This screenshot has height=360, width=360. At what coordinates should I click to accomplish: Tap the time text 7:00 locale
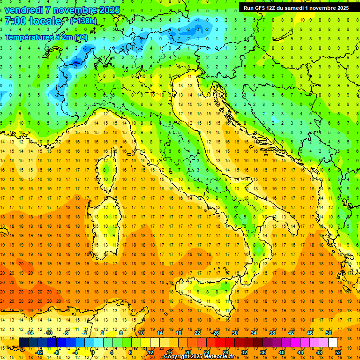point(32,22)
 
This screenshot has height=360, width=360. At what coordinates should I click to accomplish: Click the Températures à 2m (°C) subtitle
point(46,37)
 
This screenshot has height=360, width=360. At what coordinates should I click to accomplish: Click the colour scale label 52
point(337,352)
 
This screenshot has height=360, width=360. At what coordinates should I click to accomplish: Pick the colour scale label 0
point(93,352)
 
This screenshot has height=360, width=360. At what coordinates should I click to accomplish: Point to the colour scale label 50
point(328,333)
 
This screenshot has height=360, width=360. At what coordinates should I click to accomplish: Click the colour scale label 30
point(235,333)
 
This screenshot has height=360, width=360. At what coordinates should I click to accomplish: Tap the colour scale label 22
point(197,333)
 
